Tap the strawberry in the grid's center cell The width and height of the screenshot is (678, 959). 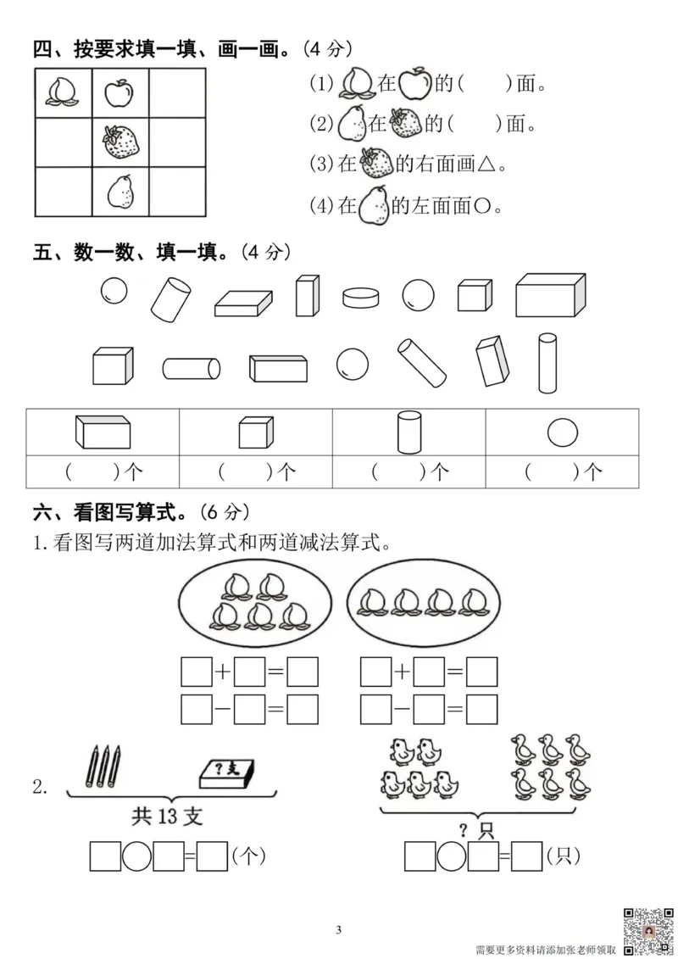click(x=120, y=142)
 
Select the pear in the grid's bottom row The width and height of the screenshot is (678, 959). click(x=120, y=191)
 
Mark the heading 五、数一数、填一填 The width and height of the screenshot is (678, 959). click(x=134, y=252)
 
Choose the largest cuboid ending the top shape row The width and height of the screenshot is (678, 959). click(x=551, y=295)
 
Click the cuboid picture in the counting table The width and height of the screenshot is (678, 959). click(x=103, y=432)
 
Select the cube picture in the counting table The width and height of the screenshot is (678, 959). click(x=255, y=432)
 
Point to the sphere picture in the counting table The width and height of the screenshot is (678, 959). click(x=561, y=432)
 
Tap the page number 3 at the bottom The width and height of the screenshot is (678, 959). click(x=338, y=930)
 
